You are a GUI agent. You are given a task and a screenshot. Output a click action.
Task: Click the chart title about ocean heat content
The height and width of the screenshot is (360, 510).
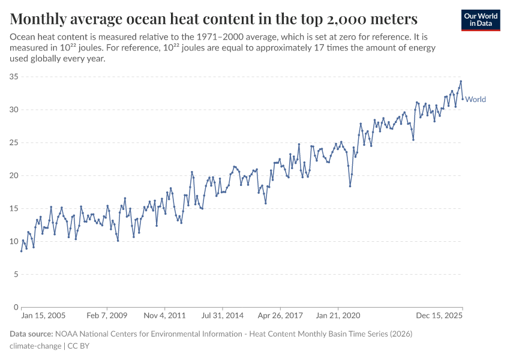pyautogui.click(x=214, y=17)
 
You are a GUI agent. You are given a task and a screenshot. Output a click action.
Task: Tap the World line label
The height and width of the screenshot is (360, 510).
pyautogui.click(x=475, y=100)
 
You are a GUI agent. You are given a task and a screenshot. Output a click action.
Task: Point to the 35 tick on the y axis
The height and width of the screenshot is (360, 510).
pyautogui.click(x=14, y=77)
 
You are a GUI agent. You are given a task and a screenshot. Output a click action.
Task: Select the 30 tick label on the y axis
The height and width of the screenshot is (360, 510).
pyautogui.click(x=14, y=110)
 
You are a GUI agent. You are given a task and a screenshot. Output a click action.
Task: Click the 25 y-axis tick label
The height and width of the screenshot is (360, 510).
pyautogui.click(x=14, y=143)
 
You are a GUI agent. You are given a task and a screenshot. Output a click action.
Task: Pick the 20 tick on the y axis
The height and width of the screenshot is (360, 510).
pyautogui.click(x=14, y=176)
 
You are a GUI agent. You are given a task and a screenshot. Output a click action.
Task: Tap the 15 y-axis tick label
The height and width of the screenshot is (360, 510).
pyautogui.click(x=14, y=209)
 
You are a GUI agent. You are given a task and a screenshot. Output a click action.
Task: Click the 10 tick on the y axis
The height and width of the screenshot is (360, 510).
pyautogui.click(x=14, y=242)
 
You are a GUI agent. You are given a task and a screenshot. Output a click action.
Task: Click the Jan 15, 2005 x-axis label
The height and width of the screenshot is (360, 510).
pyautogui.click(x=43, y=314)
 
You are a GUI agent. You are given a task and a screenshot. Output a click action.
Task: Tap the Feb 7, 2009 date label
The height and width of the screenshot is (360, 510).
pyautogui.click(x=106, y=314)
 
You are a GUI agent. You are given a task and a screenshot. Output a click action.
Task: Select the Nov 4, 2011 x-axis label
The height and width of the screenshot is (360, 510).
pyautogui.click(x=165, y=314)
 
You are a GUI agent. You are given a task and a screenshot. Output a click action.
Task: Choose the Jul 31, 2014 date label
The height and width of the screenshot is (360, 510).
pyautogui.click(x=222, y=314)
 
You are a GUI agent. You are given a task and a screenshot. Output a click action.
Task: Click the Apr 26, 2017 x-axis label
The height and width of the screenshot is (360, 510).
pyautogui.click(x=280, y=314)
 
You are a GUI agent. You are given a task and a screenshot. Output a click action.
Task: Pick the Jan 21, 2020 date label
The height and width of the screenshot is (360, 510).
pyautogui.click(x=337, y=314)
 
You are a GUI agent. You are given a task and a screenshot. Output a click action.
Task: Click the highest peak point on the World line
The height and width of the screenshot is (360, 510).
pyautogui.click(x=461, y=82)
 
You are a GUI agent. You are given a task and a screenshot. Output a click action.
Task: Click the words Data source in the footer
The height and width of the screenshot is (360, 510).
pyautogui.click(x=31, y=334)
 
